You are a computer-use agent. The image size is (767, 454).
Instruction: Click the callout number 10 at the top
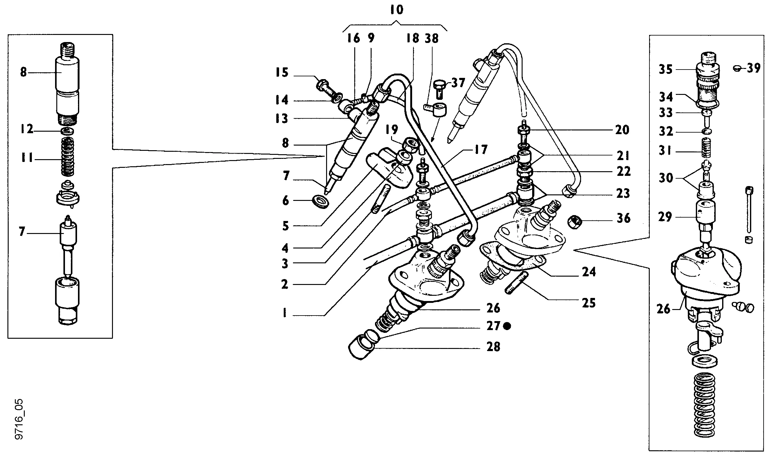(x=397, y=10)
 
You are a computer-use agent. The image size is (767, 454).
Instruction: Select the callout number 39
(x=754, y=68)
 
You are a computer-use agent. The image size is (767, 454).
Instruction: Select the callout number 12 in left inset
(x=27, y=129)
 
